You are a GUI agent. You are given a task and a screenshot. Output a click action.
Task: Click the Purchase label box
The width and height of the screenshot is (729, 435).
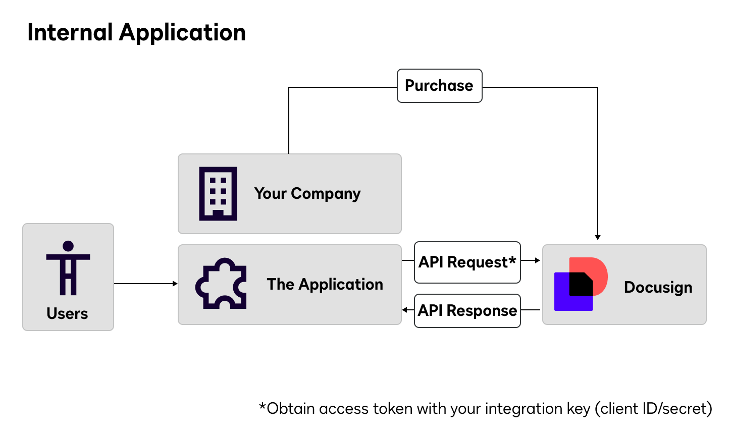tap(439, 86)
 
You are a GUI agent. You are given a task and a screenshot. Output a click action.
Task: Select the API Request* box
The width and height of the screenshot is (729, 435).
tap(467, 262)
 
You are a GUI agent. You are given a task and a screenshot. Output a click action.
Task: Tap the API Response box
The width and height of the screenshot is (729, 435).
tap(467, 311)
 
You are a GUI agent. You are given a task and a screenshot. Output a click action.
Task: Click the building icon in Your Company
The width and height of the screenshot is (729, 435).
tap(218, 194)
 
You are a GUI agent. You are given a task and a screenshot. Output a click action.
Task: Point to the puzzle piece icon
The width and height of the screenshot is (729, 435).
tap(221, 284)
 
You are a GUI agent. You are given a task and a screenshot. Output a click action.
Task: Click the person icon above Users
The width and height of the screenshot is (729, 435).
tap(68, 268)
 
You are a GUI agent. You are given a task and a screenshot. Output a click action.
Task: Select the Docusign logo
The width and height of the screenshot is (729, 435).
tap(581, 284)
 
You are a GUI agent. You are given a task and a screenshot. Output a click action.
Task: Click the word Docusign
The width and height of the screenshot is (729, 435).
tap(658, 287)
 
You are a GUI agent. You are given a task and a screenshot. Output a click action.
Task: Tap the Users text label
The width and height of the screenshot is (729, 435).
tap(67, 313)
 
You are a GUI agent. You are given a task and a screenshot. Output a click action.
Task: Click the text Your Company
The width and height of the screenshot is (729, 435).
tap(307, 194)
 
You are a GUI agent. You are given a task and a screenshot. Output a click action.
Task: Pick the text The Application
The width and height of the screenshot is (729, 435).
tap(325, 285)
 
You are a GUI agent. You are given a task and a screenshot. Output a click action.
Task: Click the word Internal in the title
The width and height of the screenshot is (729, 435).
tap(70, 33)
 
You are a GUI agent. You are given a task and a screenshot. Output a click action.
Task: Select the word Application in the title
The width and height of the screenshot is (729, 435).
tap(182, 33)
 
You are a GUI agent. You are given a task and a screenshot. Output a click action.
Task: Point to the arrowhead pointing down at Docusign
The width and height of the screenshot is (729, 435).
tap(598, 237)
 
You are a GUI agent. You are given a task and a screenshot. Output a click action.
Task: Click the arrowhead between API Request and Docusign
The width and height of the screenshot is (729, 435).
tap(538, 260)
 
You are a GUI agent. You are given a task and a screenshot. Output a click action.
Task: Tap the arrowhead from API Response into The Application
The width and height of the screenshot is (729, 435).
tap(405, 310)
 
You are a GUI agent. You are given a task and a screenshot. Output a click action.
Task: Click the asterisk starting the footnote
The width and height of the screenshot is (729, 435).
tap(262, 406)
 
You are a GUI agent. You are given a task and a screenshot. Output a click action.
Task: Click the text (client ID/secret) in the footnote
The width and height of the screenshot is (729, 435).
tap(653, 409)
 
